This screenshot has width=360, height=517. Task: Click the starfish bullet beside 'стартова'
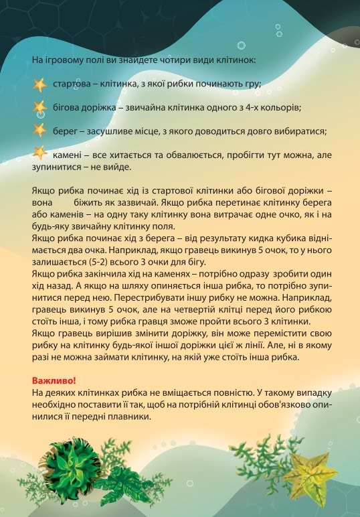[39, 85]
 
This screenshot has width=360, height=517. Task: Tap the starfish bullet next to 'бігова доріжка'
[39, 107]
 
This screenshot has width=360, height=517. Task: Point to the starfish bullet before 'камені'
[39, 153]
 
